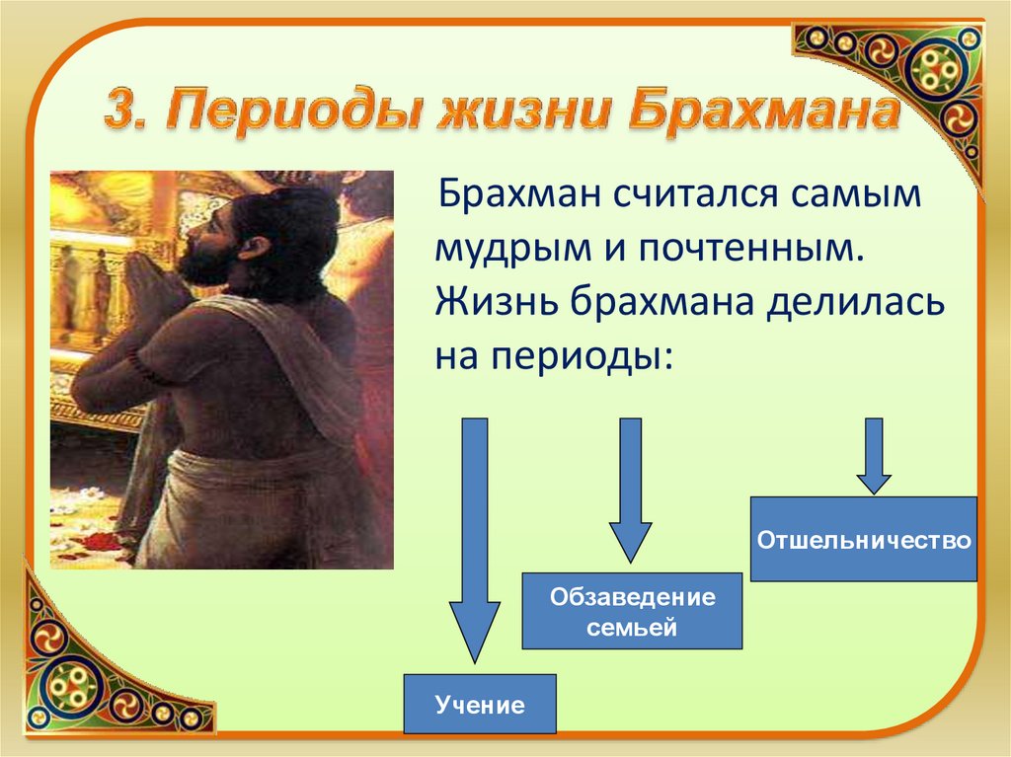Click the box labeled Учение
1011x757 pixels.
(x=480, y=704)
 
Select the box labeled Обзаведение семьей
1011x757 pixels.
(x=632, y=611)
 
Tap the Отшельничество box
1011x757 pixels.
(x=863, y=539)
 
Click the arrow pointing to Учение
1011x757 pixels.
(x=475, y=540)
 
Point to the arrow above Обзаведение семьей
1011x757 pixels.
(x=631, y=491)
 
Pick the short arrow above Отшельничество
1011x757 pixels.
(x=874, y=456)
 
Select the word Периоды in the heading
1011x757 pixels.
(x=292, y=111)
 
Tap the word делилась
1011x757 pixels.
(x=855, y=301)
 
